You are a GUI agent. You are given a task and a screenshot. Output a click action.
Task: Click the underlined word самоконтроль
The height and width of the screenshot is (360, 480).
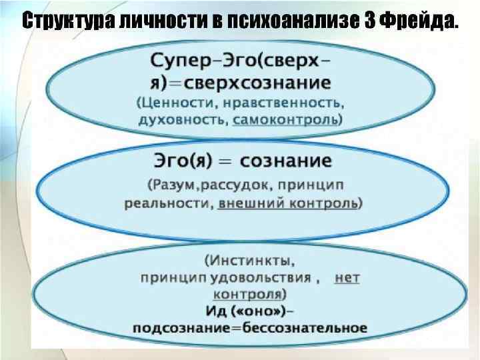click(286, 120)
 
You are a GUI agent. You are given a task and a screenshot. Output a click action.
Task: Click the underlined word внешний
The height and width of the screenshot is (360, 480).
click(249, 203)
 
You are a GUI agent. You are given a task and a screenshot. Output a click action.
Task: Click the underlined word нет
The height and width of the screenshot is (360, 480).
click(347, 276)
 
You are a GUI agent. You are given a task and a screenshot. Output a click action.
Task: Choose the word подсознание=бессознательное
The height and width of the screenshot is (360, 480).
click(250, 328)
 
